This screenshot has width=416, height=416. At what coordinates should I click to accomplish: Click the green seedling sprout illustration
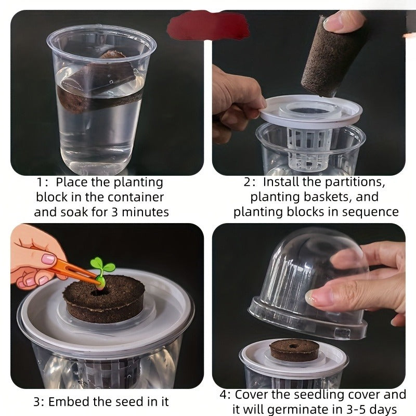102,270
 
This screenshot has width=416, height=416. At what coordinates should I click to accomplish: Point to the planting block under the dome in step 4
294,350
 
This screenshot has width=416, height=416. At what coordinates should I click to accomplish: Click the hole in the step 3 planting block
99,293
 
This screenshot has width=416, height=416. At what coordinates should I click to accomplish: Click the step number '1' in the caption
40,183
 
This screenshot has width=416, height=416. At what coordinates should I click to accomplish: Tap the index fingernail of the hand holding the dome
310,297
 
